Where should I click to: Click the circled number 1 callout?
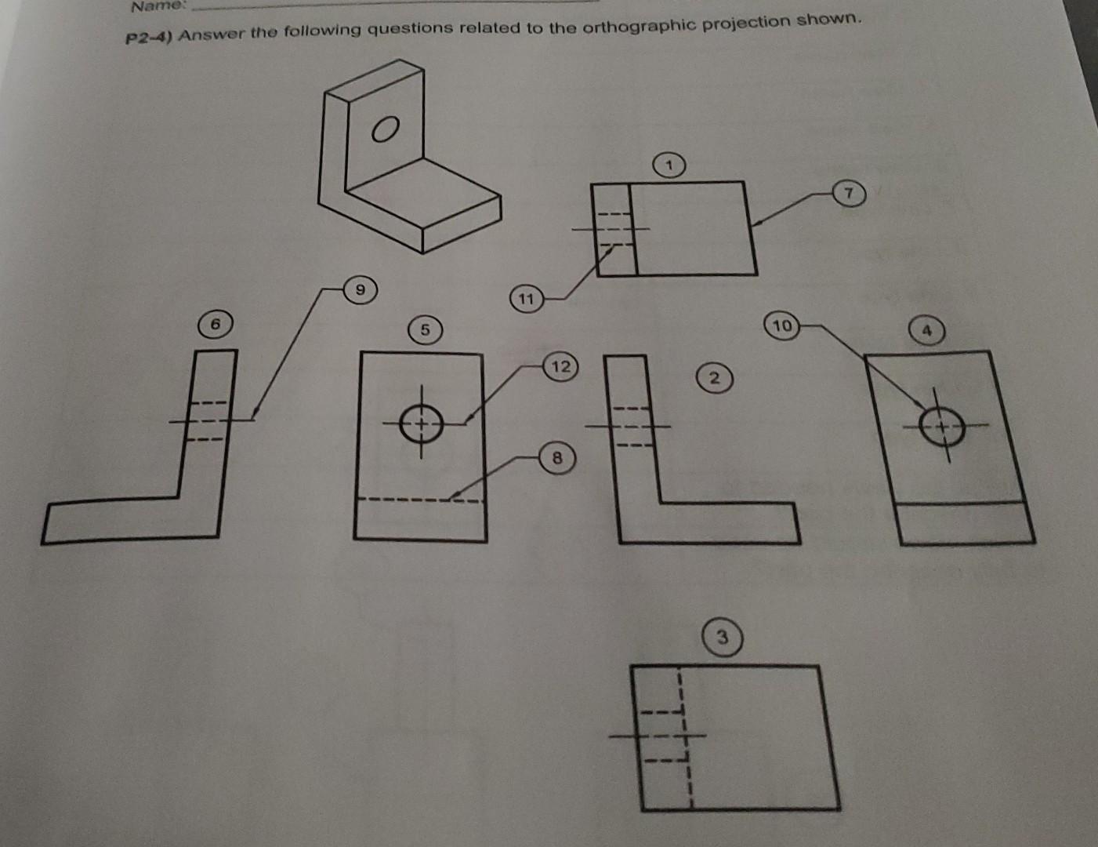pyautogui.click(x=669, y=165)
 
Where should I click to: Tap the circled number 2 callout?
pyautogui.click(x=712, y=378)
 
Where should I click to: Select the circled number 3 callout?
pyautogui.click(x=722, y=638)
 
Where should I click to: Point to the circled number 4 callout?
pyautogui.click(x=926, y=331)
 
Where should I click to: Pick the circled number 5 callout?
pyautogui.click(x=424, y=329)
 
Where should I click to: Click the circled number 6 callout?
pyautogui.click(x=217, y=323)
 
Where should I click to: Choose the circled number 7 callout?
pyautogui.click(x=848, y=193)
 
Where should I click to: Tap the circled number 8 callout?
pyautogui.click(x=556, y=457)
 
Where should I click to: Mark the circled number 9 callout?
pyautogui.click(x=360, y=290)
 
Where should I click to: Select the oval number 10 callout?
pyautogui.click(x=782, y=325)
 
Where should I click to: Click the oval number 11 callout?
pyautogui.click(x=526, y=299)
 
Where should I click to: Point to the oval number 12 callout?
pyautogui.click(x=560, y=366)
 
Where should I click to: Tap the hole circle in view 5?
pyautogui.click(x=422, y=424)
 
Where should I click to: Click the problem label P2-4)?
pyautogui.click(x=149, y=38)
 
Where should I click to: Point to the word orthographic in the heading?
pyautogui.click(x=632, y=27)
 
